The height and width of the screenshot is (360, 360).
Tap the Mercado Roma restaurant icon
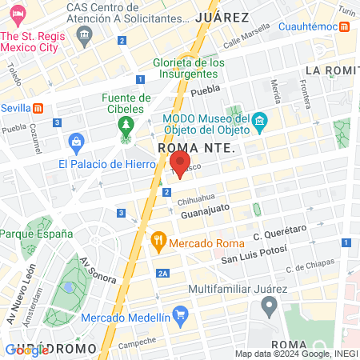pyautogui.click(x=158, y=239)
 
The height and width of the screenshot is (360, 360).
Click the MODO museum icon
pyautogui.click(x=258, y=122)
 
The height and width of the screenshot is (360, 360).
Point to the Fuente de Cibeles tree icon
pyautogui.click(x=125, y=126)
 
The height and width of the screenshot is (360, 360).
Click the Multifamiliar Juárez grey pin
pyautogui.click(x=270, y=305)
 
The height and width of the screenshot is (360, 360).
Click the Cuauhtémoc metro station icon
pyautogui.click(x=344, y=26)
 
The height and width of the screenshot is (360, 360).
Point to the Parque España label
pyautogui.click(x=36, y=234)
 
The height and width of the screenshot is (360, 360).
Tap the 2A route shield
pyautogui.click(x=162, y=274)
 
